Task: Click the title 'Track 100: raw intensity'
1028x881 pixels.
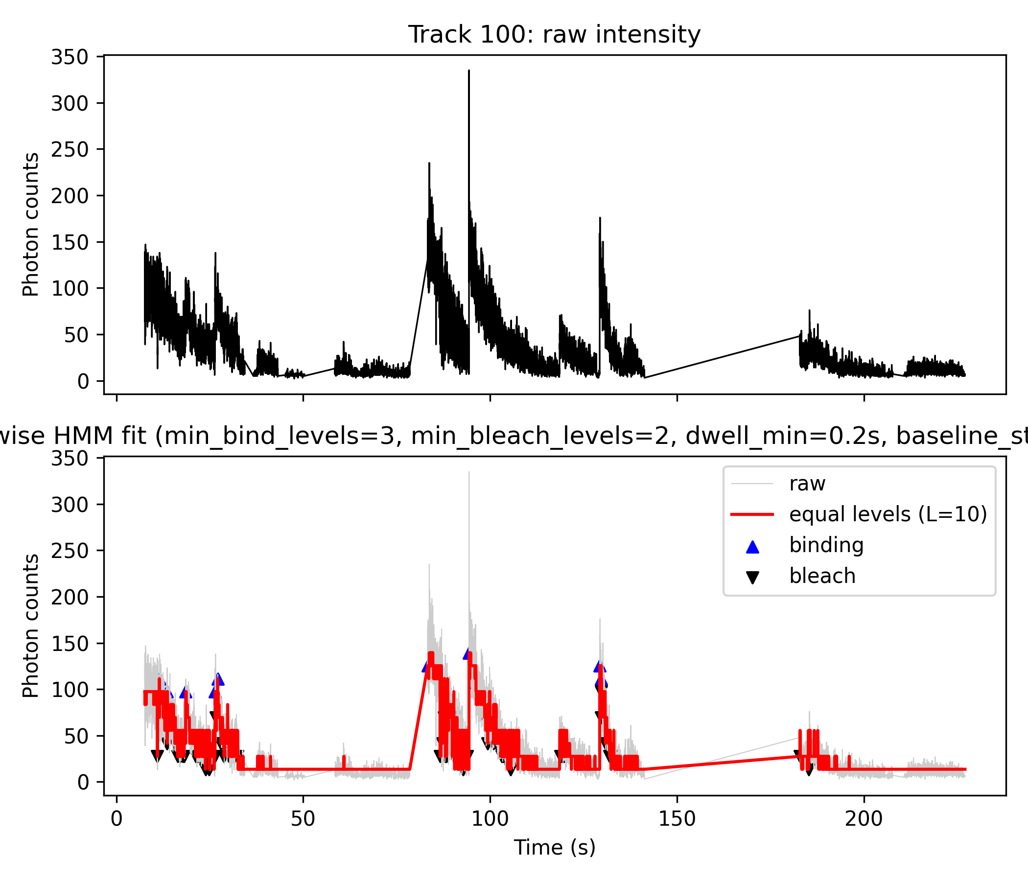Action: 554,35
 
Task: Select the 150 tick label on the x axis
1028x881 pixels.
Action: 677,819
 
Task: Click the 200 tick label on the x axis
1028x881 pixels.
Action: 864,819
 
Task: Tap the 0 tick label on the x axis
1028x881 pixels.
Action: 117,819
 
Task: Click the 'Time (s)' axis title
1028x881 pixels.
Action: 554,848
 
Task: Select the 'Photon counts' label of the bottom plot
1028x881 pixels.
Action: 31,626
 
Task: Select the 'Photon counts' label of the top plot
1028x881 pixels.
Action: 31,225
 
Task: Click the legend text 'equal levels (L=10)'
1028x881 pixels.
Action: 888,514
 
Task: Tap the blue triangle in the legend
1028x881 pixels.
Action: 753,547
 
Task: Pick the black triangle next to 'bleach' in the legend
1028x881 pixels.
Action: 753,578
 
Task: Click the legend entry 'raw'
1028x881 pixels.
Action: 807,484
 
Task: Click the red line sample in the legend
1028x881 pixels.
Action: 752,514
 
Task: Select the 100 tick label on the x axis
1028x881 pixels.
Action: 490,819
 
